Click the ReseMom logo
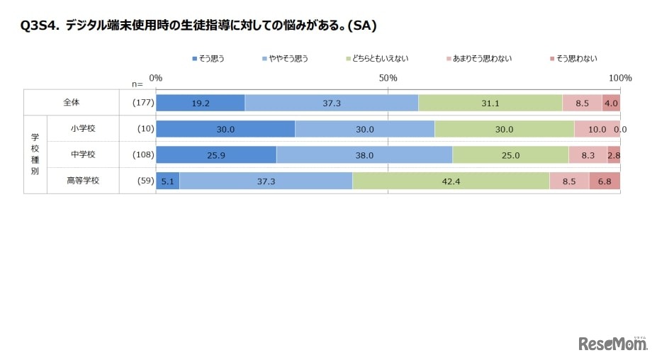click(x=613, y=344)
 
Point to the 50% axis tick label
click(x=388, y=77)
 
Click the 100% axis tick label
click(x=620, y=77)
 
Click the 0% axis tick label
click(x=156, y=77)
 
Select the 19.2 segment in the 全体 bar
click(x=200, y=103)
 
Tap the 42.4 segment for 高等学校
click(x=451, y=181)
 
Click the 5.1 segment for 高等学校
click(x=167, y=181)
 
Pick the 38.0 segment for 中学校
click(x=364, y=155)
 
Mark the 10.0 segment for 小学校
click(x=597, y=129)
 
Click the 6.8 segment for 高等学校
click(x=605, y=181)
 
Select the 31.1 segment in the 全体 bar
click(x=490, y=103)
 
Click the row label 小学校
click(x=83, y=129)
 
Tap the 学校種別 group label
click(x=35, y=154)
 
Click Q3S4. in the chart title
click(x=40, y=26)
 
